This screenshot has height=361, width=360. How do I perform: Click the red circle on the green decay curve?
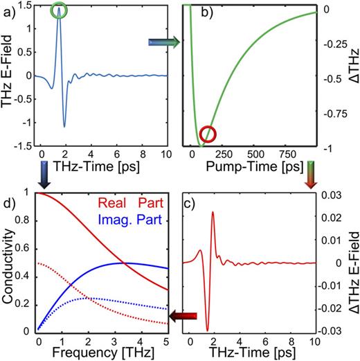[x=208, y=134]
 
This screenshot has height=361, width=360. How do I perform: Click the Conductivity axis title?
[x=8, y=273]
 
